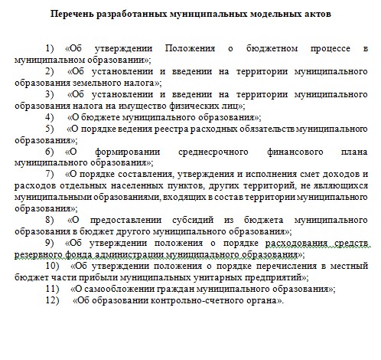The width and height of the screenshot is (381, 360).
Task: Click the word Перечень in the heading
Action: tap(73, 14)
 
